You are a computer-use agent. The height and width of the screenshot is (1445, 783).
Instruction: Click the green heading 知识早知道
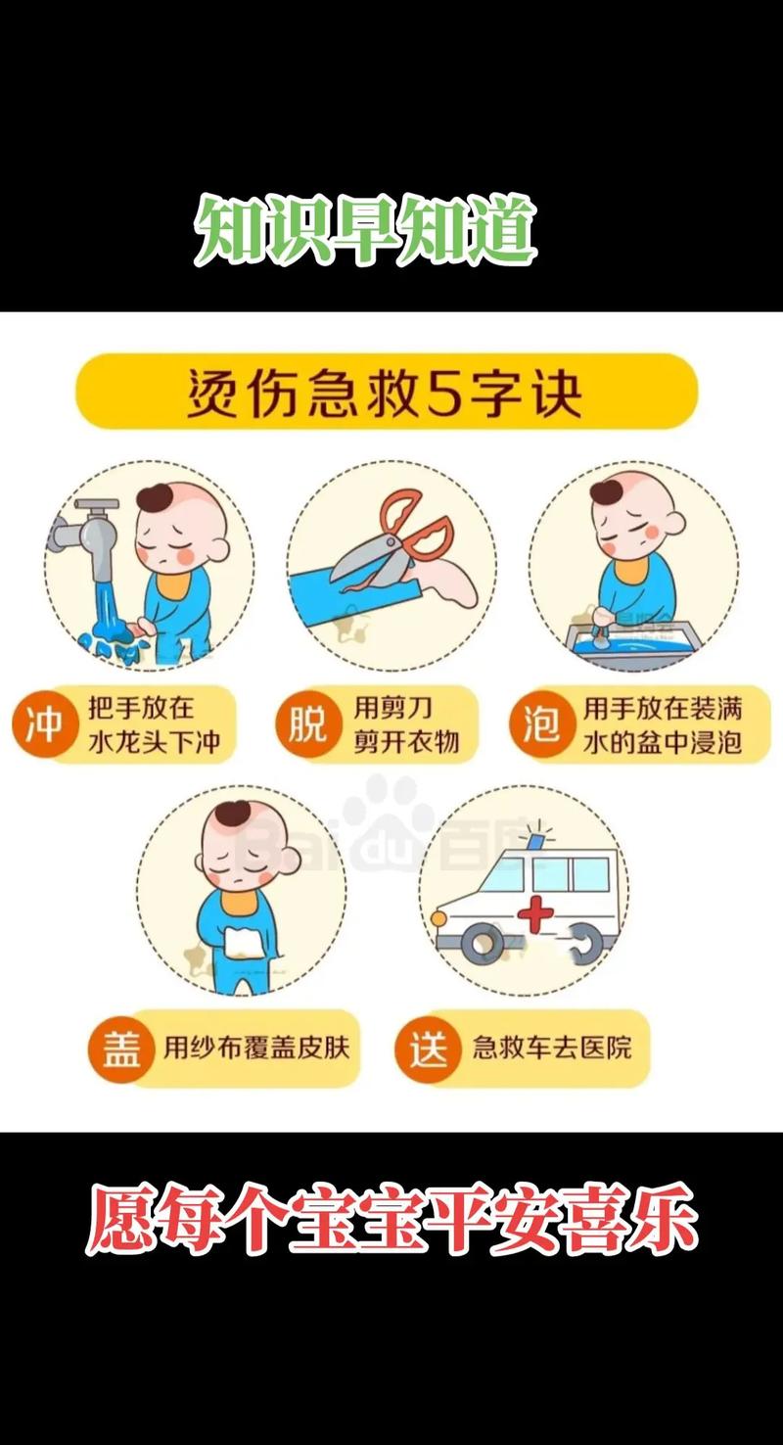tap(366, 231)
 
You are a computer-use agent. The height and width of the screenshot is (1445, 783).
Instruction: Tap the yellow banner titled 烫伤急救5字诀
tap(387, 392)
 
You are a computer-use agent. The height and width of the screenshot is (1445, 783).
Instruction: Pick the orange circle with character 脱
tap(306, 724)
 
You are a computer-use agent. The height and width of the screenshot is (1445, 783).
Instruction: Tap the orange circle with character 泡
tap(540, 724)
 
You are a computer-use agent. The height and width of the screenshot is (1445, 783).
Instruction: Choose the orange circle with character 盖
tap(120, 1049)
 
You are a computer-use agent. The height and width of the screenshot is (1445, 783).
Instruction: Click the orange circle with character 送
tap(427, 1049)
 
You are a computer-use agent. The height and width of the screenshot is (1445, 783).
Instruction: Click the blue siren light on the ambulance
tap(536, 839)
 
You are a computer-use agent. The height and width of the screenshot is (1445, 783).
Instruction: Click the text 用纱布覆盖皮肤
tap(255, 1049)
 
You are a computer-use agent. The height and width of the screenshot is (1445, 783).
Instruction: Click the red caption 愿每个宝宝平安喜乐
tap(391, 1219)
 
